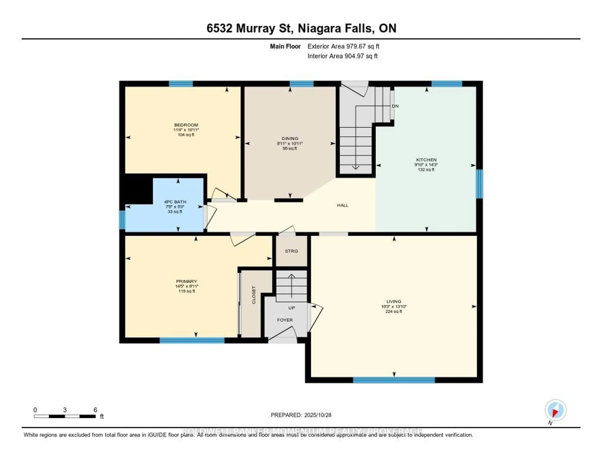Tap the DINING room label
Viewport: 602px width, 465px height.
[x=290, y=138]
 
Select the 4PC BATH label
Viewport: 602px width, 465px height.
[x=175, y=202]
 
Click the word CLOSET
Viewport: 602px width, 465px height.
[x=254, y=295]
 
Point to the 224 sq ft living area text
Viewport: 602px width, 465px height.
[x=394, y=312]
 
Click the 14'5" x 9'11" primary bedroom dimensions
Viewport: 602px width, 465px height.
[x=187, y=286]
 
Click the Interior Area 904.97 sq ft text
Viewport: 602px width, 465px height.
[x=342, y=56]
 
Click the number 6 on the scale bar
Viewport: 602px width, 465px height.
[x=95, y=410]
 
